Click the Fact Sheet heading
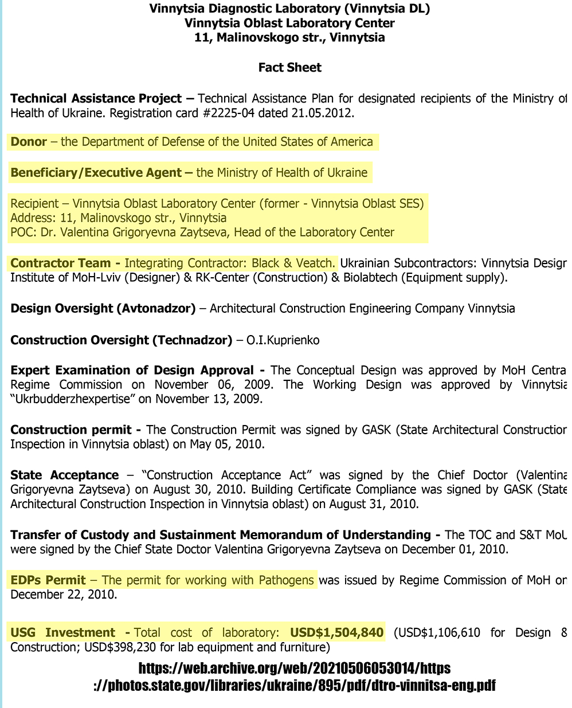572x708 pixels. click(x=289, y=68)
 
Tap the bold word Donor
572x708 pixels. click(x=29, y=141)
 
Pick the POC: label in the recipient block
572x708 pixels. click(x=23, y=232)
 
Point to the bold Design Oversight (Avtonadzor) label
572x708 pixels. click(x=103, y=309)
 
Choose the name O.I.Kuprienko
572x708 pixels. click(x=283, y=340)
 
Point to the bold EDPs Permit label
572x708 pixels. click(x=48, y=580)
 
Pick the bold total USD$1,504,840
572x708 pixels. click(x=336, y=632)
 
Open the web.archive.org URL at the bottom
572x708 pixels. click(x=295, y=676)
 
